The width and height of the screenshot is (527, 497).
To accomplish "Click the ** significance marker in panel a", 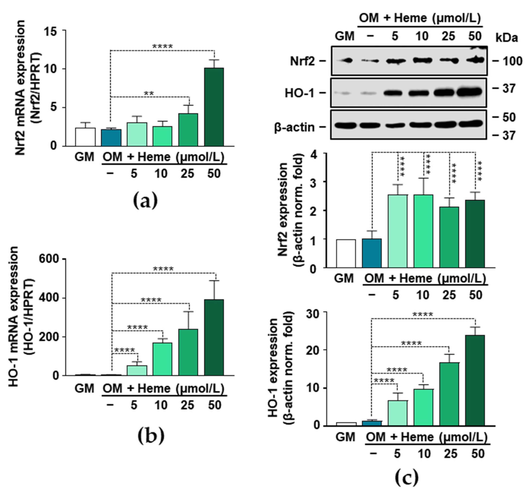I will pyautogui.click(x=149, y=93).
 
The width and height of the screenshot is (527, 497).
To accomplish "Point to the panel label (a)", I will pyautogui.click(x=145, y=201).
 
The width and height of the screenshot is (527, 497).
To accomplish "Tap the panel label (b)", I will pyautogui.click(x=151, y=436).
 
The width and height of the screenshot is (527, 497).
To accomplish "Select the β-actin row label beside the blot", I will pyautogui.click(x=294, y=128).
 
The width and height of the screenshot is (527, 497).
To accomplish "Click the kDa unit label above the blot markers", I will pyautogui.click(x=507, y=38).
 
